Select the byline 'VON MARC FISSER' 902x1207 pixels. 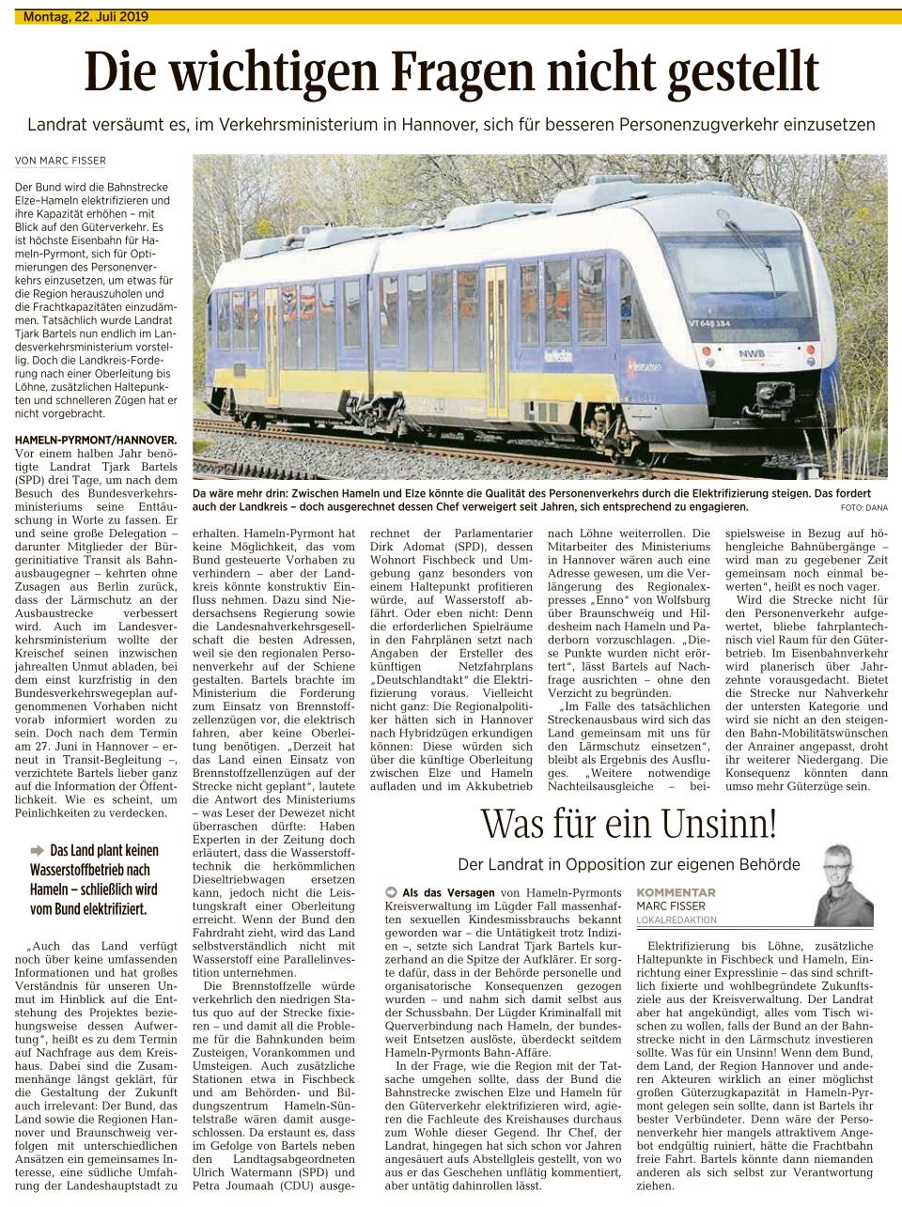(x=60, y=161)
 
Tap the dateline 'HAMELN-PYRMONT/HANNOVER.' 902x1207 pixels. (x=96, y=439)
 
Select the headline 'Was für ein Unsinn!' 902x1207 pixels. (x=629, y=825)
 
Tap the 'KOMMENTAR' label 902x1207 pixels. (x=676, y=892)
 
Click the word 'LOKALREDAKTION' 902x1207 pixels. (x=676, y=920)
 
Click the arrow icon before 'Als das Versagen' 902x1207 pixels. (x=391, y=891)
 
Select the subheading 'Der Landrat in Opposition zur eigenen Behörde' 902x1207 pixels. (x=629, y=863)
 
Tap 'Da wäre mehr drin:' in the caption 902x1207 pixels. (x=240, y=493)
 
